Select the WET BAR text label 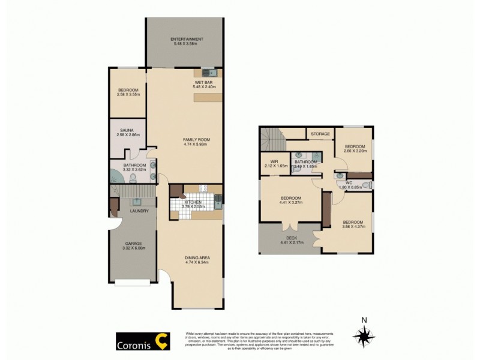click(202, 82)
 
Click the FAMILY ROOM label click(196, 139)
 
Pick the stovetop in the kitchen click(203, 188)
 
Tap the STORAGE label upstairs click(320, 134)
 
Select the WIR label click(274, 161)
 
